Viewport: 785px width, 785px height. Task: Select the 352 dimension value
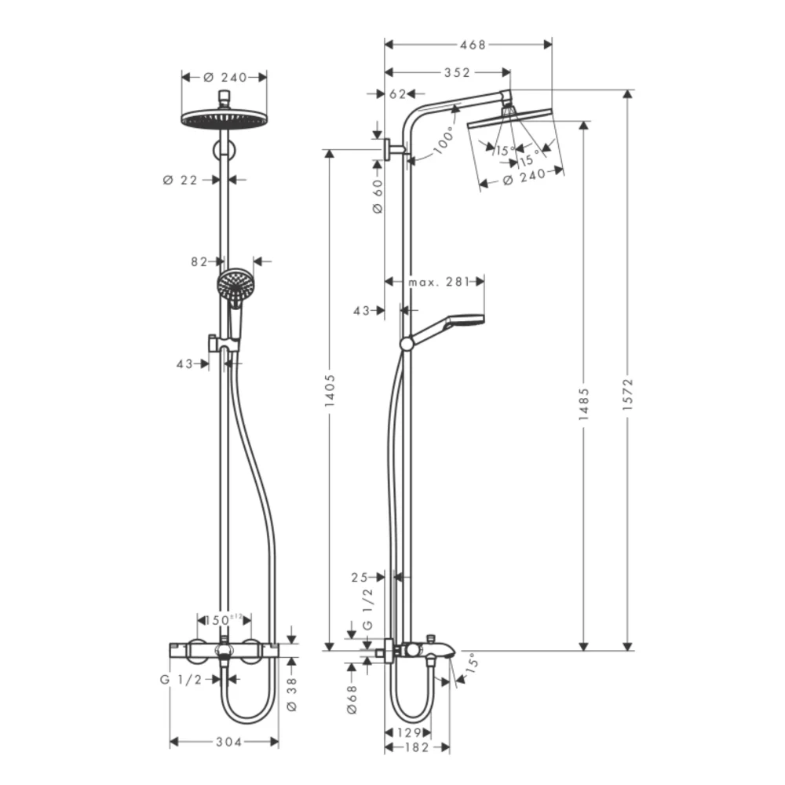pyautogui.click(x=456, y=73)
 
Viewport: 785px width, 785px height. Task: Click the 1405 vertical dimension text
pyautogui.click(x=330, y=390)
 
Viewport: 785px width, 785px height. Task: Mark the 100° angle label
pyautogui.click(x=444, y=141)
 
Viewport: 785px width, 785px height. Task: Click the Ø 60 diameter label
pyautogui.click(x=376, y=195)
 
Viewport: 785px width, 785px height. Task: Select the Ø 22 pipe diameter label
pyautogui.click(x=181, y=180)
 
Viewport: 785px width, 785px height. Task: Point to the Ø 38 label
pyautogui.click(x=292, y=696)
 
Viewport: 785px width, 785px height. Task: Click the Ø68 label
pyautogui.click(x=352, y=699)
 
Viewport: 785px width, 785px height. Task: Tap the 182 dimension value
pyautogui.click(x=417, y=747)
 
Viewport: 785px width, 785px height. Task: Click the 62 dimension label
pyautogui.click(x=397, y=94)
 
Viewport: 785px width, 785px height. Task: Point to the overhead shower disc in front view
pyautogui.click(x=224, y=119)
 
